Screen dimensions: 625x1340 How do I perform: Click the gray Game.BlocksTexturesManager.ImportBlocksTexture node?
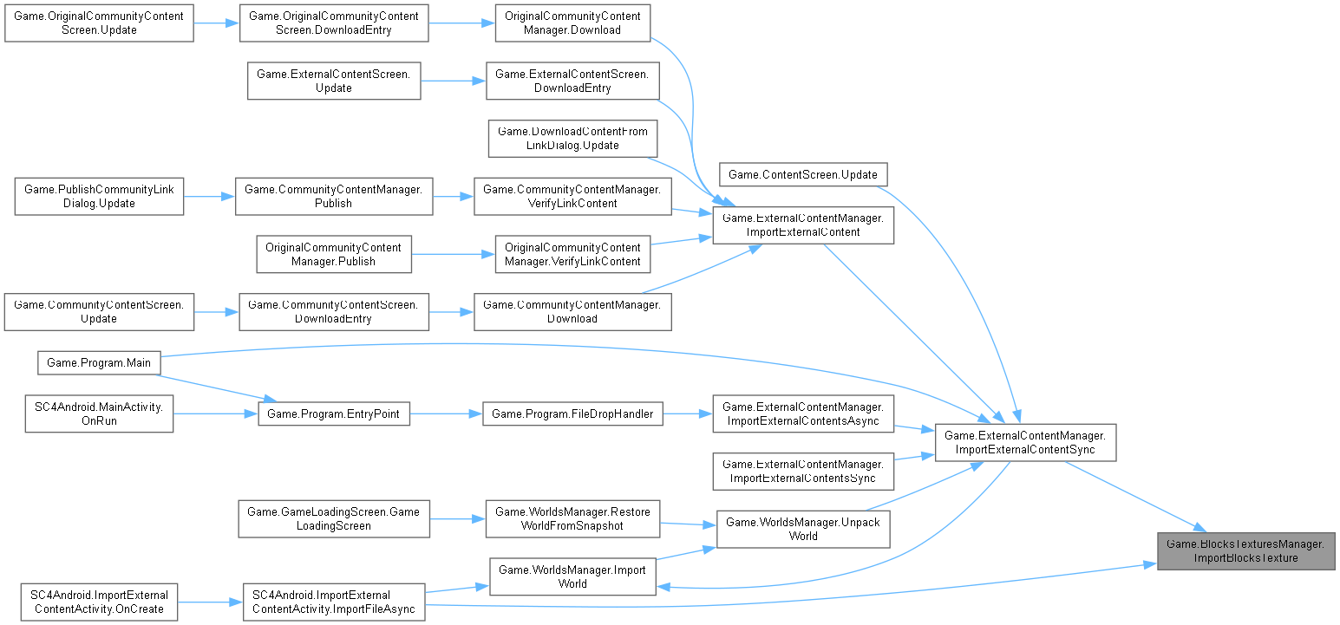(x=1246, y=550)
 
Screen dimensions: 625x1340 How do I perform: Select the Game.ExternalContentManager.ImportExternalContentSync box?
(x=1024, y=442)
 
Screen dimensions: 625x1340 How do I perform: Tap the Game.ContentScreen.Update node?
(x=802, y=174)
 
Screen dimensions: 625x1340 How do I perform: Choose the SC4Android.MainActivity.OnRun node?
(x=89, y=413)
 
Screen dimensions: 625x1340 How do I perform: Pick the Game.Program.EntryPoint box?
(x=334, y=413)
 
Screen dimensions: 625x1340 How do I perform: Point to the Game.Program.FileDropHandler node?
(x=572, y=413)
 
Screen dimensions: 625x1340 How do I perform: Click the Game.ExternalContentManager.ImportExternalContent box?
(x=802, y=225)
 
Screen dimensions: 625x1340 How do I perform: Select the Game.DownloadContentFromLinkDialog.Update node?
(x=572, y=138)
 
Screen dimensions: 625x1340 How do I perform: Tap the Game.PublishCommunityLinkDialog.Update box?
(x=99, y=196)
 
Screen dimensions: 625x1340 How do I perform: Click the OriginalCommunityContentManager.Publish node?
(x=334, y=254)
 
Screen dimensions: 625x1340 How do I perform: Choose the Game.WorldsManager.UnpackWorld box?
(x=802, y=528)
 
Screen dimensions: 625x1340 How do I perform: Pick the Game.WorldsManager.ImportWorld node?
(x=572, y=576)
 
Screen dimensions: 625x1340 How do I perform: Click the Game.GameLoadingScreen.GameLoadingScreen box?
(x=334, y=518)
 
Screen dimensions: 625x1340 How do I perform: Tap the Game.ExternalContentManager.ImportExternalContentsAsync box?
(x=802, y=413)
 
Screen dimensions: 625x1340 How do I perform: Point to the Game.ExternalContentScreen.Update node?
(x=334, y=81)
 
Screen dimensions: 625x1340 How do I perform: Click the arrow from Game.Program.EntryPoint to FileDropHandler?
(x=446, y=413)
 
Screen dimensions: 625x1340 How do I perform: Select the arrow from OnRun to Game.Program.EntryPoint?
(x=217, y=413)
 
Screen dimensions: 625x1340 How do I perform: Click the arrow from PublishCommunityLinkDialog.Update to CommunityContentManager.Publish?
(x=209, y=196)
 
